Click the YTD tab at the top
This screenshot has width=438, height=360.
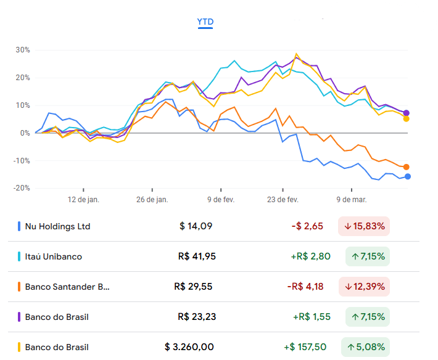tap(205, 22)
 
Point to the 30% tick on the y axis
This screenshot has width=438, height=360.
tap(23, 50)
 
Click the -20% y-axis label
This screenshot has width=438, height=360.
tap(22, 188)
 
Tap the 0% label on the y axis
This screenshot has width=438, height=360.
tap(25, 133)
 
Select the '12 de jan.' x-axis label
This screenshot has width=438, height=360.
tap(83, 200)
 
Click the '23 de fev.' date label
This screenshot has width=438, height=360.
tap(283, 200)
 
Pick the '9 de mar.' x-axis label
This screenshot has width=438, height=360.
tap(352, 200)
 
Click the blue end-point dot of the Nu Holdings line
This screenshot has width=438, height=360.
tap(408, 177)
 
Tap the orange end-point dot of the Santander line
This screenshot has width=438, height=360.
tap(406, 167)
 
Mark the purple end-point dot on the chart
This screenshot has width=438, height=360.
tap(406, 113)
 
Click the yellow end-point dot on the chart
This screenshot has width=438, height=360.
tap(406, 118)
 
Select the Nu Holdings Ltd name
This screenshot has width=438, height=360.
tap(57, 226)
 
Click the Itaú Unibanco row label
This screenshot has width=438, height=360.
tap(53, 256)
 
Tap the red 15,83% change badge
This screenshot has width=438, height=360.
tap(364, 226)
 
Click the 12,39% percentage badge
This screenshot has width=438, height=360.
tap(364, 287)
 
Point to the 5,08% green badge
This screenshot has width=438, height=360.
tap(364, 347)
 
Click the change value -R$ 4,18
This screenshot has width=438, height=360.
tap(305, 287)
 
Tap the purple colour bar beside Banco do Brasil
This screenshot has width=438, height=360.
tap(19, 317)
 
